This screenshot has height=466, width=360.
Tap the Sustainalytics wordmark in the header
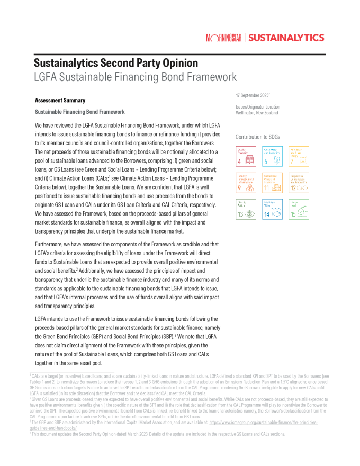(286, 38)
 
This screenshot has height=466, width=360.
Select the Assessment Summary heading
(60, 100)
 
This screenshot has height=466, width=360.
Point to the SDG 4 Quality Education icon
(246, 156)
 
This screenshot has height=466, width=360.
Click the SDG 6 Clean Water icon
(272, 156)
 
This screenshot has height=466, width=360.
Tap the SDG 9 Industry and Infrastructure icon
(246, 183)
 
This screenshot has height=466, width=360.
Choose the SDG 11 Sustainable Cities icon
(272, 183)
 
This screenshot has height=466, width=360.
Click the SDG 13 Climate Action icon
(246, 209)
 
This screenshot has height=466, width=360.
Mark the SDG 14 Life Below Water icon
(272, 209)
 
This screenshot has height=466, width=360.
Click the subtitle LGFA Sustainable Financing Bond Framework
(135, 77)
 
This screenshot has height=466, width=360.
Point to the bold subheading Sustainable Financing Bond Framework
(79, 112)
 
